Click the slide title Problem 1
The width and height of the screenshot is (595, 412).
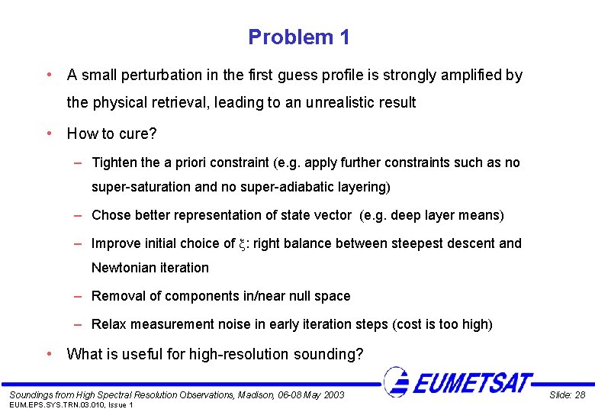[299, 37]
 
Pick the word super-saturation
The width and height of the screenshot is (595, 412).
[137, 187]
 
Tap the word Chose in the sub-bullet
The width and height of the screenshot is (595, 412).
[111, 215]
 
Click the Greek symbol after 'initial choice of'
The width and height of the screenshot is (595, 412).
[242, 244]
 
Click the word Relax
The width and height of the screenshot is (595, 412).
[108, 324]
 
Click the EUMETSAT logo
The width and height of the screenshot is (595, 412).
[457, 381]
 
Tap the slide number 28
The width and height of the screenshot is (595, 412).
[581, 394]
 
